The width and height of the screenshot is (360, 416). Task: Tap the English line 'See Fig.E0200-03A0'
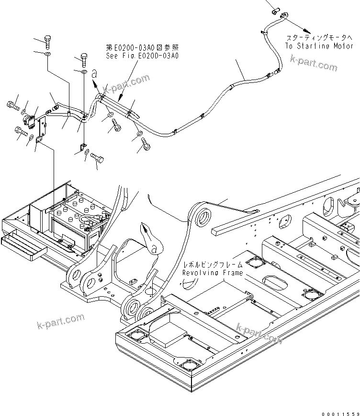(142, 56)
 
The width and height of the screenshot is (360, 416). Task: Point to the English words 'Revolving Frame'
(212, 273)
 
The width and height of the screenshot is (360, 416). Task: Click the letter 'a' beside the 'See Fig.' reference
(95, 73)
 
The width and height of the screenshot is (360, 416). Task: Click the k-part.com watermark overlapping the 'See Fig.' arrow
(126, 84)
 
